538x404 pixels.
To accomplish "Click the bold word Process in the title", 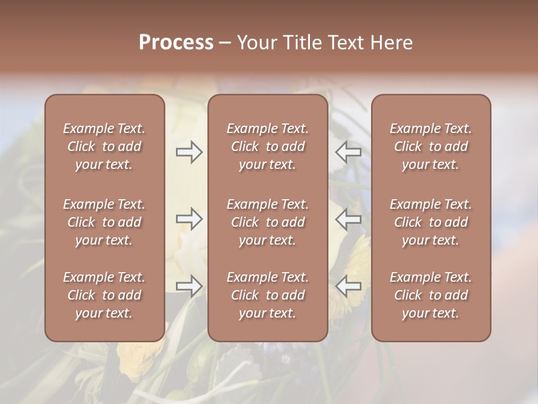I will [176, 43].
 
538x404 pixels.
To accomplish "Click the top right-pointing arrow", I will [189, 152].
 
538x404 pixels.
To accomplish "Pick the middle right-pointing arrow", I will [189, 219].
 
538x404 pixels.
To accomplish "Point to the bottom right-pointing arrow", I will [189, 286].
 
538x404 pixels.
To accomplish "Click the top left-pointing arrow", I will [349, 152].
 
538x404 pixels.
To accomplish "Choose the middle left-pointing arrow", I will [349, 219].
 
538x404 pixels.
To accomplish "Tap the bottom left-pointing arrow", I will [349, 286].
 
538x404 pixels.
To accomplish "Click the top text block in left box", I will [104, 146].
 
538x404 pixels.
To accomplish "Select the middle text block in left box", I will [104, 222].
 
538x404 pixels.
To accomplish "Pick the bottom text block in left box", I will [104, 295].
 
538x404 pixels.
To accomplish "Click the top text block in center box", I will [267, 146].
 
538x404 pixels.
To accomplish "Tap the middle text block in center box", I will [267, 222].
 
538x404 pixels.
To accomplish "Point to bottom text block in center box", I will [267, 295].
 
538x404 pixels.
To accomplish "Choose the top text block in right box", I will [431, 146].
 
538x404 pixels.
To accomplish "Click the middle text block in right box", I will [431, 222].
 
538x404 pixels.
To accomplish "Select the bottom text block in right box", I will [431, 295].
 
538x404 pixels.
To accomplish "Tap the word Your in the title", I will [256, 43].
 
